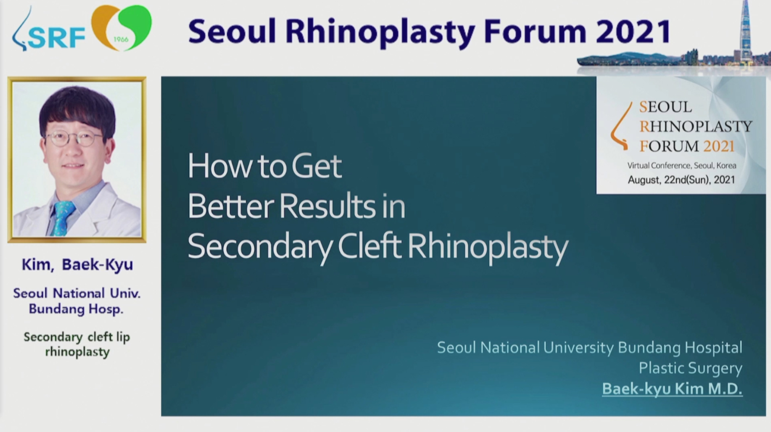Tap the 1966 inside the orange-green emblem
tap(121, 39)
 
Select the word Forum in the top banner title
tap(535, 31)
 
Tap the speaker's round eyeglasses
tap(74, 138)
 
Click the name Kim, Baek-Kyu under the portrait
tap(78, 264)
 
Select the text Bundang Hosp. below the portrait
tap(76, 309)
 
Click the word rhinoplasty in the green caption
tap(78, 352)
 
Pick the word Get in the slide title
tap(317, 166)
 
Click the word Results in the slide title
tap(327, 206)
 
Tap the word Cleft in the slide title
tap(370, 246)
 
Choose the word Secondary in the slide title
tap(260, 248)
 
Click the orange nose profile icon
tap(621, 126)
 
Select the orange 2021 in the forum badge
tap(719, 146)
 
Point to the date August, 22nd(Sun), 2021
tap(681, 180)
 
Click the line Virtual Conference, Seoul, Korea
tap(682, 165)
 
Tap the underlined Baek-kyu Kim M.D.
tap(672, 389)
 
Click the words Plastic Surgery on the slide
tap(691, 368)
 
